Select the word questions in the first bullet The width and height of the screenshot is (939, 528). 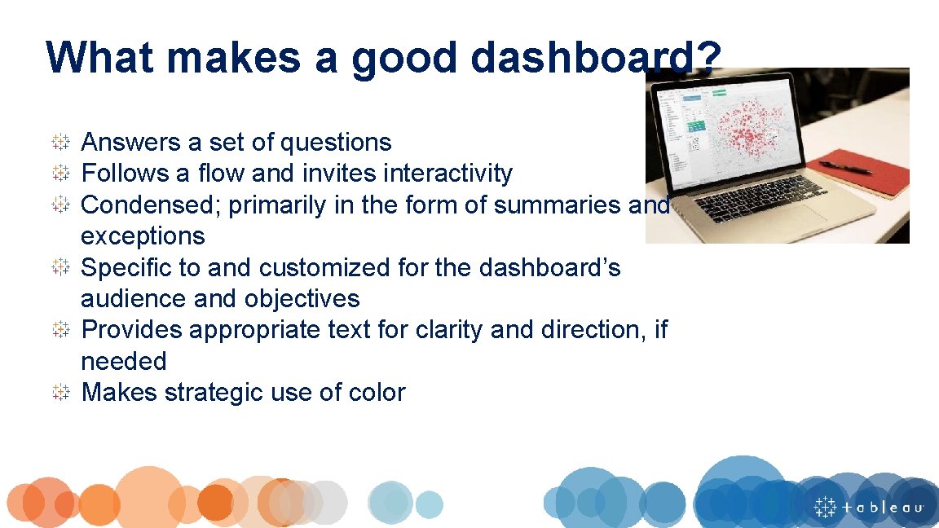335,143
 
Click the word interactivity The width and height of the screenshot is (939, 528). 447,174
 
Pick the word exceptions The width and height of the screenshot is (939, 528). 143,236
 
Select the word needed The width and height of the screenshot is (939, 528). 123,361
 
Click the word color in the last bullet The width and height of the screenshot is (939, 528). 377,393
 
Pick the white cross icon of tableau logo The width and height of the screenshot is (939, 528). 826,506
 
